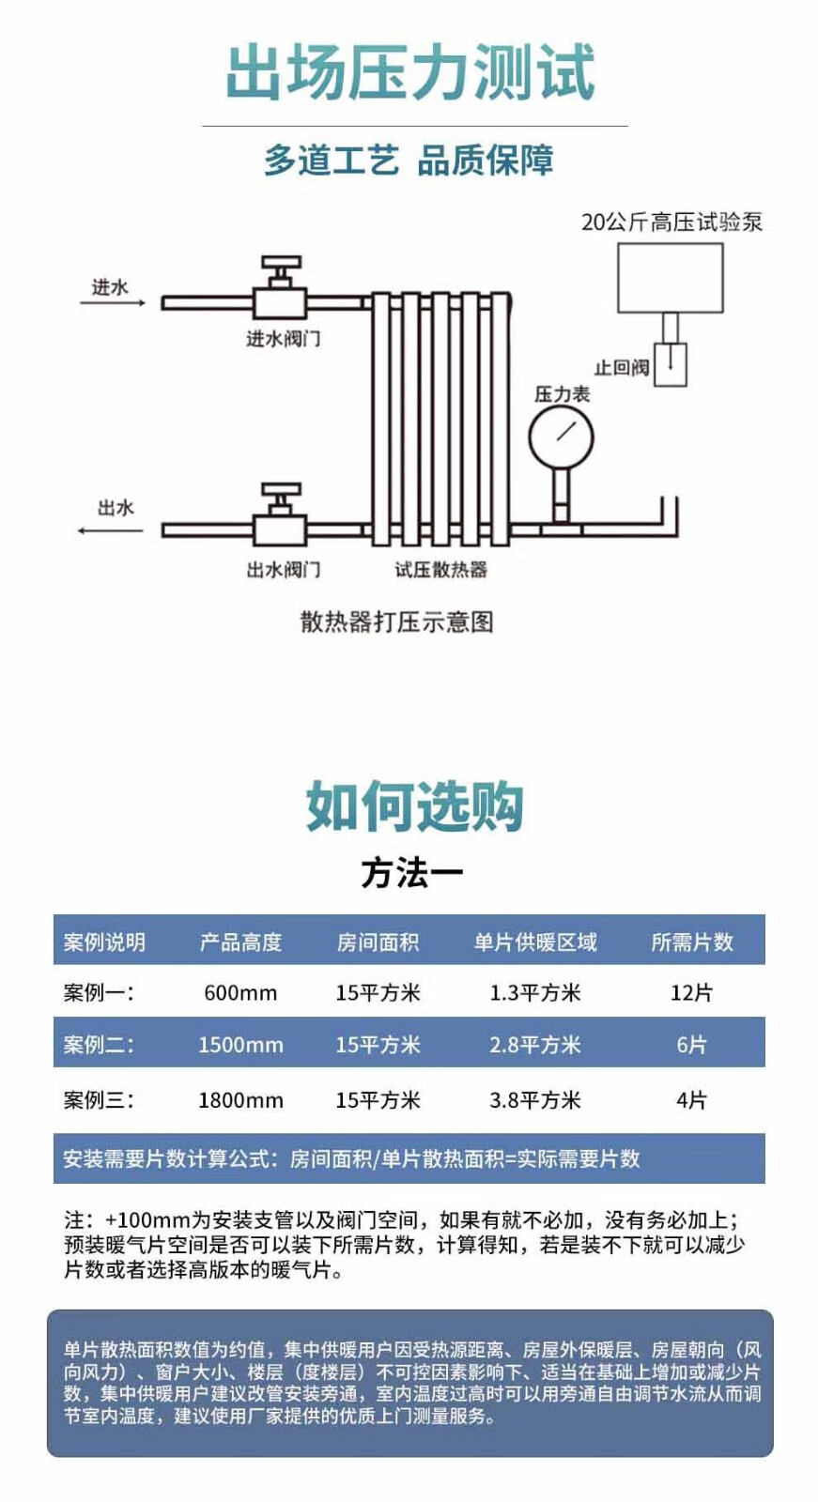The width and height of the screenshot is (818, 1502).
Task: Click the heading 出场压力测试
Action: click(x=410, y=72)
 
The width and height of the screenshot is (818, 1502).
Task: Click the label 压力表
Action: click(x=562, y=394)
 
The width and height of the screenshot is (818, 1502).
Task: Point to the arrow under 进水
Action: click(x=113, y=303)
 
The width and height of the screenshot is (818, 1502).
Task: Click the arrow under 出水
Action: click(x=110, y=530)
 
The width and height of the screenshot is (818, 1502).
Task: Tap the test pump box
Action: click(x=670, y=278)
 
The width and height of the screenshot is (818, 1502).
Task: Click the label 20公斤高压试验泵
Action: click(x=671, y=222)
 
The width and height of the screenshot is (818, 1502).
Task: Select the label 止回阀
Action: click(x=621, y=367)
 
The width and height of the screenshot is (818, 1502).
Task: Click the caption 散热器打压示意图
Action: click(x=396, y=621)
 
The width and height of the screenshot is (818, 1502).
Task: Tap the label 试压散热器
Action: click(x=440, y=569)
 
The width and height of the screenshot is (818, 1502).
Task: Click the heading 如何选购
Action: click(x=413, y=806)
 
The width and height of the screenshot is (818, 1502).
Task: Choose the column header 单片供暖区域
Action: click(x=534, y=942)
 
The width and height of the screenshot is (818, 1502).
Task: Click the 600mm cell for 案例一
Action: click(x=240, y=992)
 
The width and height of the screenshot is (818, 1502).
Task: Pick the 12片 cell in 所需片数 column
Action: click(x=691, y=992)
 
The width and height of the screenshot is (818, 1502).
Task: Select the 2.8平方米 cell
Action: click(x=534, y=1045)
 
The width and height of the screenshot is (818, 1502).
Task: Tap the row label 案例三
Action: click(x=99, y=1099)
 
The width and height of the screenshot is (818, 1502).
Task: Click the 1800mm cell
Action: click(x=240, y=1099)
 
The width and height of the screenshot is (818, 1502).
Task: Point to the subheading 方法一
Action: click(x=412, y=873)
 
